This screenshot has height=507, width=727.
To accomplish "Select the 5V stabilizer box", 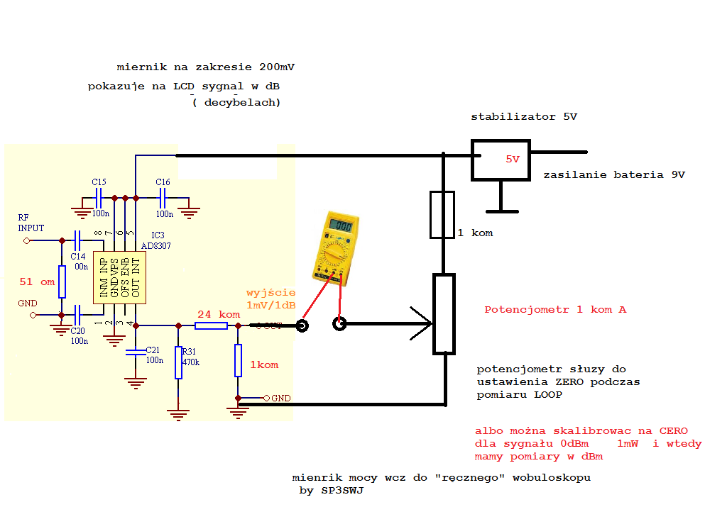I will [x=501, y=160].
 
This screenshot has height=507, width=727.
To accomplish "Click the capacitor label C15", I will [x=99, y=182].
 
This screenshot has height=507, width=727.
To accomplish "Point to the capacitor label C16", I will [x=163, y=182].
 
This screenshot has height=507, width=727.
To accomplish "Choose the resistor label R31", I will [x=189, y=351].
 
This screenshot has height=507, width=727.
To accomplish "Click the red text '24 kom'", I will [x=219, y=314].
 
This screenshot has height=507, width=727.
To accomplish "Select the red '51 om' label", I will [x=37, y=282].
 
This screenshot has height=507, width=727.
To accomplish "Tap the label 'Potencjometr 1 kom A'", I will [x=555, y=310].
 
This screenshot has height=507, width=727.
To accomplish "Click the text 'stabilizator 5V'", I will [x=524, y=116].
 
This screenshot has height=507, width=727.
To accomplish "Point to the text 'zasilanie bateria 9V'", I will [x=614, y=175].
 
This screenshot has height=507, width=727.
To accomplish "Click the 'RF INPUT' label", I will [x=31, y=223].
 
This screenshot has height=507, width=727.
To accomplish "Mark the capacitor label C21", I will [x=153, y=350].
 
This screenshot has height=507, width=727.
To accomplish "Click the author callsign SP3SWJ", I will [x=342, y=491].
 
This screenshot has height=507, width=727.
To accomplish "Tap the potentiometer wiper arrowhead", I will [x=426, y=324].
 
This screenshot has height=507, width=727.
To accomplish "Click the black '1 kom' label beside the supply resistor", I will [x=475, y=233].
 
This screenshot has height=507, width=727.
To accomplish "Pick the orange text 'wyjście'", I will [x=270, y=292].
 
